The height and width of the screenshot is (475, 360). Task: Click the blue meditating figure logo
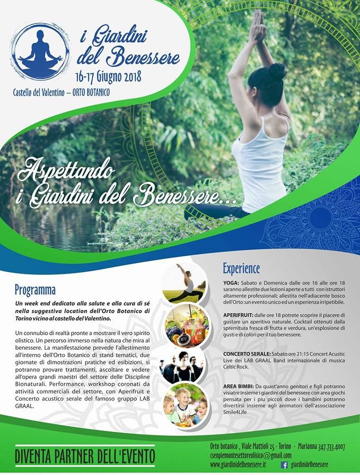point(40,51)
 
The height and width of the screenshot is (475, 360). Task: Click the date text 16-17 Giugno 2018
point(108,77)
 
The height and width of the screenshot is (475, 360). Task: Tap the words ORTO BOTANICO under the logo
point(91,92)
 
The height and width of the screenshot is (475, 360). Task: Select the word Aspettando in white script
point(66,170)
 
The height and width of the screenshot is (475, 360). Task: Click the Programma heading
point(35,290)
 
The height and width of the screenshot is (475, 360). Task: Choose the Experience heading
point(241,268)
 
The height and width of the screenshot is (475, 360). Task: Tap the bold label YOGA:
point(231,283)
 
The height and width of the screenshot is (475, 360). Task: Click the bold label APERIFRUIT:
point(238,315)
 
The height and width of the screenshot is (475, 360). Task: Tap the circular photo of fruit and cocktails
point(187,326)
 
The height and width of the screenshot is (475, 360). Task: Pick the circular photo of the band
point(182,367)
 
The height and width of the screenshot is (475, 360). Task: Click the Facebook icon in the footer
point(284,465)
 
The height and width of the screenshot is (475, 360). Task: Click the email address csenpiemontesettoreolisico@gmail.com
point(250,455)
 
